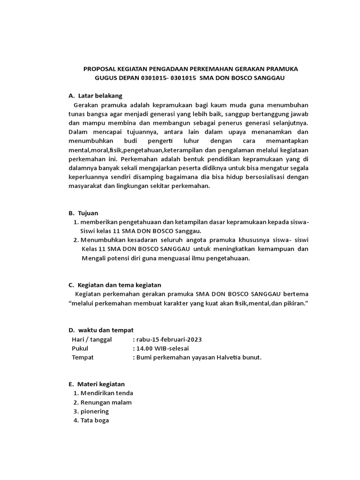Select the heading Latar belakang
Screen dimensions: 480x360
tap(100, 96)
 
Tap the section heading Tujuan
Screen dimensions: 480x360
tap(89, 213)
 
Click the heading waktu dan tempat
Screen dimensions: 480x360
tap(106, 330)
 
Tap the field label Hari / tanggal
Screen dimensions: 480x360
tap(92, 339)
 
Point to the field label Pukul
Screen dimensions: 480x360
tap(80, 348)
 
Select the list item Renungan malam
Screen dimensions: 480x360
tap(106, 402)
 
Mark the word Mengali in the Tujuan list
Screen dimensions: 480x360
tap(94, 258)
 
